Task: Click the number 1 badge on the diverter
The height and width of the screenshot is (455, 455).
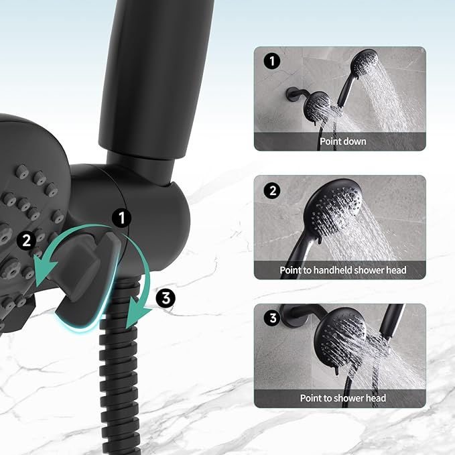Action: point(122,218)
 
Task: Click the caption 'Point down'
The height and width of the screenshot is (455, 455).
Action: point(342,141)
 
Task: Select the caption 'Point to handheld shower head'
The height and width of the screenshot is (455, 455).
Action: point(342,270)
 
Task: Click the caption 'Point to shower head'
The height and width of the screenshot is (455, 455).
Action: point(342,398)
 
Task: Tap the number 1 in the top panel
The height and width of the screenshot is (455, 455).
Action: point(271,62)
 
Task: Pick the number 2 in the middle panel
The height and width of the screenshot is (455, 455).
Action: point(271,190)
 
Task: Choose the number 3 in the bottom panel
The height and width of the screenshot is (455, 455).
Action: point(271,318)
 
